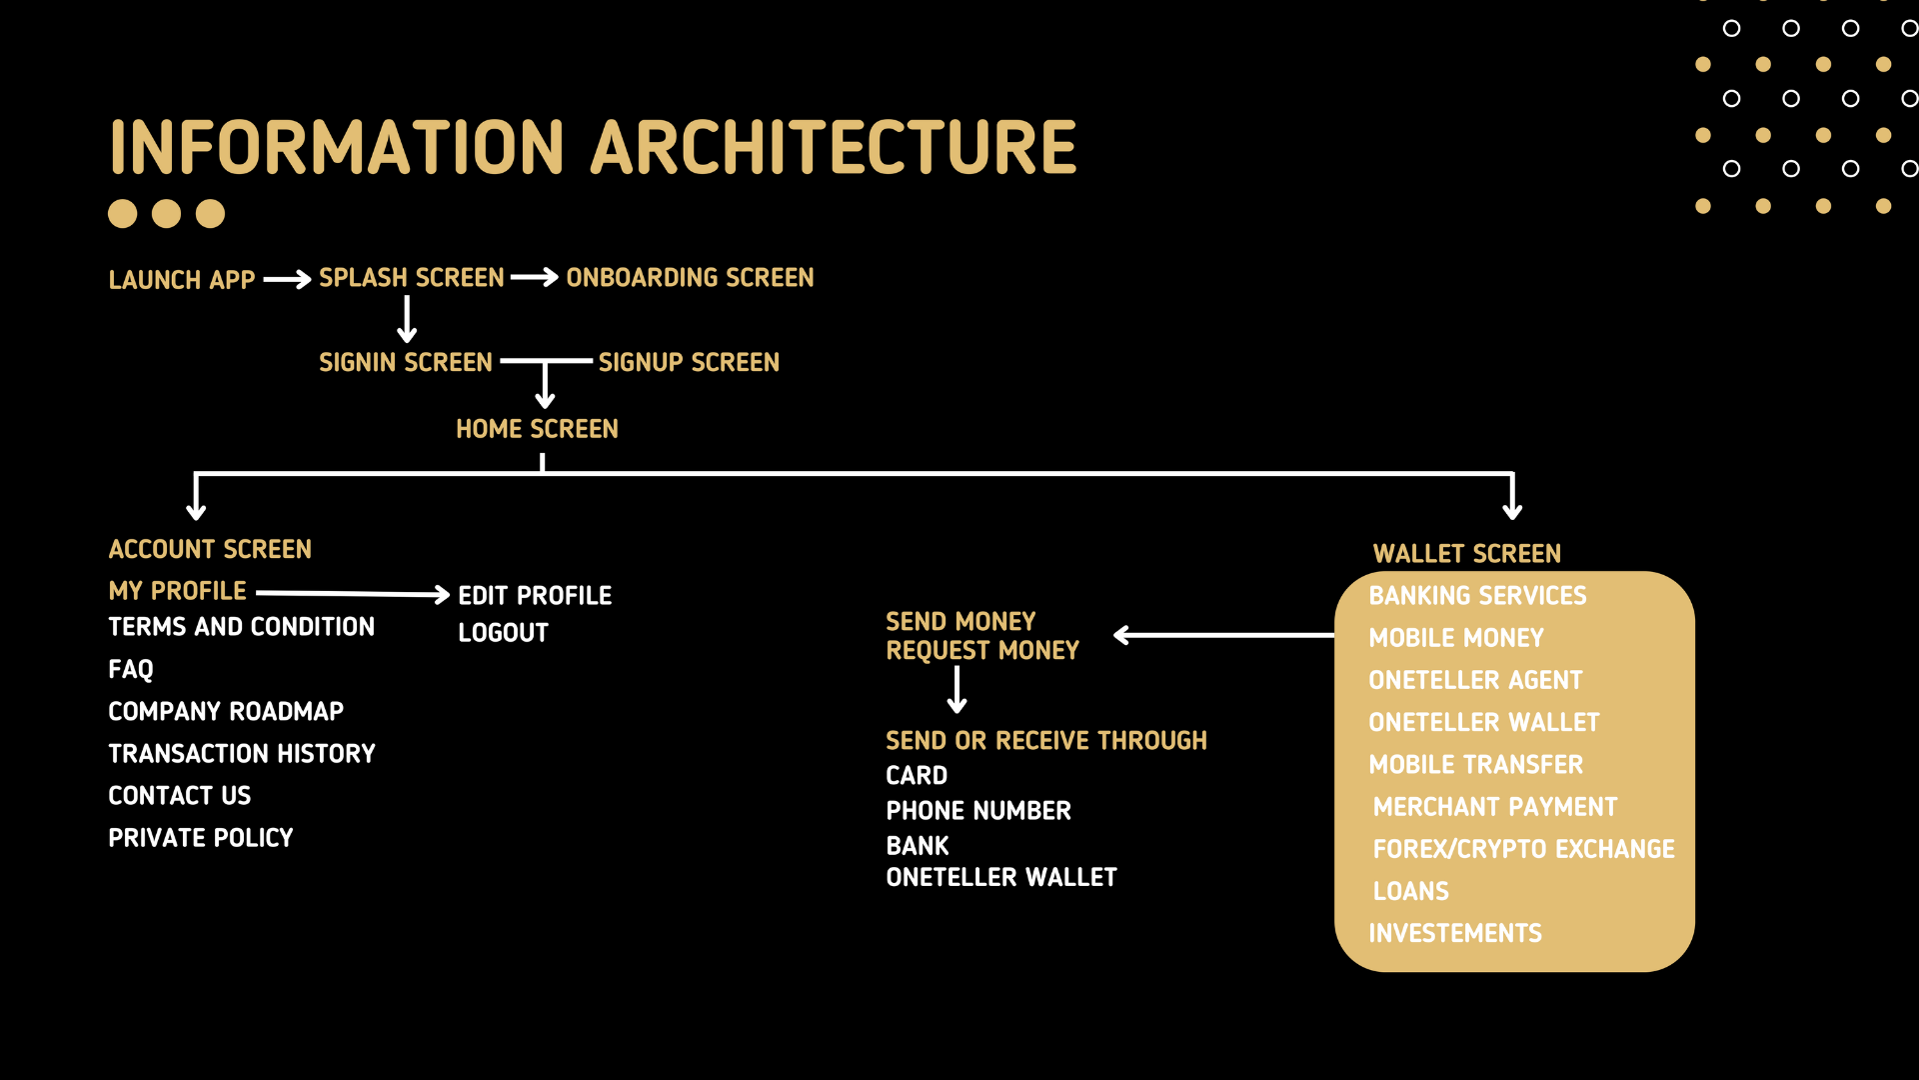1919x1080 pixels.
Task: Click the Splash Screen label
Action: click(x=412, y=278)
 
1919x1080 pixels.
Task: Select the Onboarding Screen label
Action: click(x=690, y=278)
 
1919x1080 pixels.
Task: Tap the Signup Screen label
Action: click(x=689, y=363)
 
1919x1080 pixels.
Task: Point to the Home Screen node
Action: click(x=537, y=429)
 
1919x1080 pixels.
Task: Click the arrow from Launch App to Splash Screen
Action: click(x=288, y=280)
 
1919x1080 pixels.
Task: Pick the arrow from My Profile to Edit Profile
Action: click(x=353, y=594)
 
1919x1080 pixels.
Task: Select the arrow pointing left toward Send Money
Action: click(x=1224, y=635)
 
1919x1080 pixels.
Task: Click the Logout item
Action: click(x=503, y=633)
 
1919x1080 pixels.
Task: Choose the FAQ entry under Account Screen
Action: click(x=131, y=669)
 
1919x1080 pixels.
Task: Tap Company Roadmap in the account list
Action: click(x=226, y=712)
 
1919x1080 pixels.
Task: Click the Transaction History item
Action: click(x=242, y=754)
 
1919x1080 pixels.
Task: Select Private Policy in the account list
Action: click(x=201, y=838)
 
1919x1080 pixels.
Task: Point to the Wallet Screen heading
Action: click(x=1466, y=554)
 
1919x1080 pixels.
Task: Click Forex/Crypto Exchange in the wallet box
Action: click(x=1523, y=849)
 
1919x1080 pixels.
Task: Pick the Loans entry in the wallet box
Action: click(x=1410, y=891)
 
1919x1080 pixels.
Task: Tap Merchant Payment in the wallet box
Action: click(x=1494, y=807)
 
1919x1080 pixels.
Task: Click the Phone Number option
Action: click(x=978, y=811)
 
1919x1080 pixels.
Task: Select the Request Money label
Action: click(x=982, y=651)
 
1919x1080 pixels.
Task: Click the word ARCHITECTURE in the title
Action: click(x=834, y=148)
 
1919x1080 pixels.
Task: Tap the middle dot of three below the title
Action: click(x=166, y=214)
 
